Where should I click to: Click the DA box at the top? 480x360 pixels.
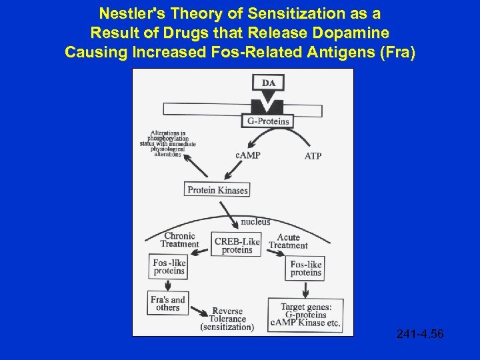pos(268,83)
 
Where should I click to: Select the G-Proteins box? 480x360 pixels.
pos(268,121)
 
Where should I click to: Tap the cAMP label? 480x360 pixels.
pos(247,155)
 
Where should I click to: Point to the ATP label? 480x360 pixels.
pos(313,156)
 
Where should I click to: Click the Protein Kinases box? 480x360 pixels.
pos(217,190)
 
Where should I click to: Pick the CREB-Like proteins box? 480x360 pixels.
pos(237,245)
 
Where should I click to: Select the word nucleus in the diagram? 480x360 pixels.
pos(255,221)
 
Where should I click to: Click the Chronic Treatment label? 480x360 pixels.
pos(179,240)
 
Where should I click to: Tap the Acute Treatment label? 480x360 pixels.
pos(288,241)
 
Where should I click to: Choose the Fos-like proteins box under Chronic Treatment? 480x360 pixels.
pos(169,267)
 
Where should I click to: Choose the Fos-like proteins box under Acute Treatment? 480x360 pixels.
pos(306,269)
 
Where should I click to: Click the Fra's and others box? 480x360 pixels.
pos(168,303)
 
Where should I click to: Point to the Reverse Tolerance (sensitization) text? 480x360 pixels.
pos(227,319)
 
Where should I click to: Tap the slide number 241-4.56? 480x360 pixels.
pos(419,333)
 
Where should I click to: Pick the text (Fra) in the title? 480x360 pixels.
pos(396,53)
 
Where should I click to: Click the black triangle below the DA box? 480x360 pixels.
pos(268,102)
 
